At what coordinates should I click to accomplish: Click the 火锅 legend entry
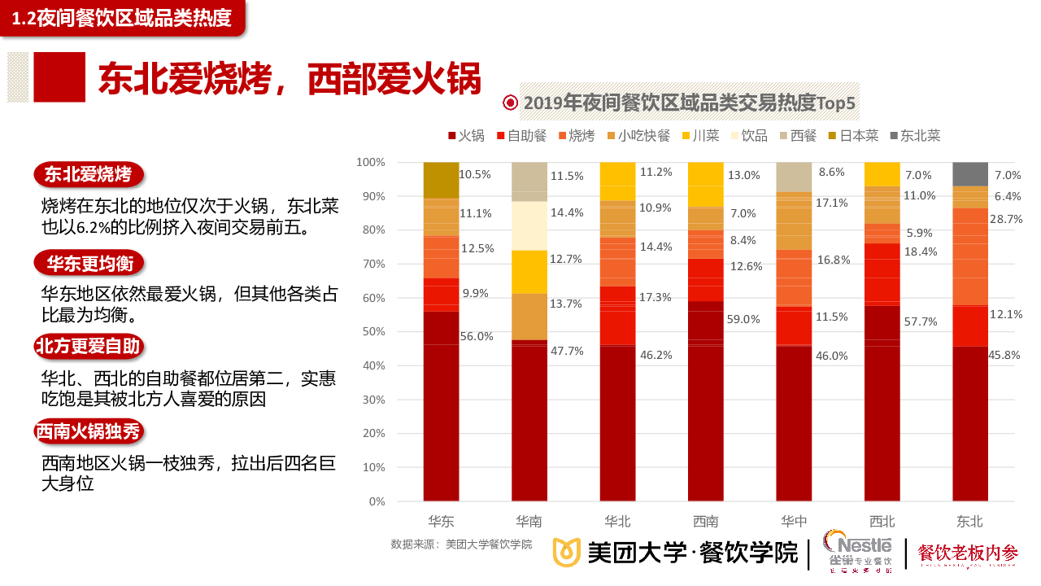[x=466, y=136]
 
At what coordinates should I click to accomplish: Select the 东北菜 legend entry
[x=915, y=136]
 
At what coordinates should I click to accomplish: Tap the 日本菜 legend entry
[x=853, y=136]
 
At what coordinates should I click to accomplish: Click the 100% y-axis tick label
[x=370, y=162]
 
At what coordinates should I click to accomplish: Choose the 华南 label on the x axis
[x=529, y=521]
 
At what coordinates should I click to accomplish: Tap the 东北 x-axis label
[x=970, y=521]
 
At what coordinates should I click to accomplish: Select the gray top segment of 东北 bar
[x=970, y=173]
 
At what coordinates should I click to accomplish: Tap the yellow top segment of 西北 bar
[x=882, y=173]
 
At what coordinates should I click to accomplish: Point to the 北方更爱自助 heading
[x=88, y=346]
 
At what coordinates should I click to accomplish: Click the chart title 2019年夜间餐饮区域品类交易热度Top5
[x=690, y=103]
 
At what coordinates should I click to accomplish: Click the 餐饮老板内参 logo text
[x=968, y=553]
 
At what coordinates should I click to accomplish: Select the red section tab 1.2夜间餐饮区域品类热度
[x=122, y=18]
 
